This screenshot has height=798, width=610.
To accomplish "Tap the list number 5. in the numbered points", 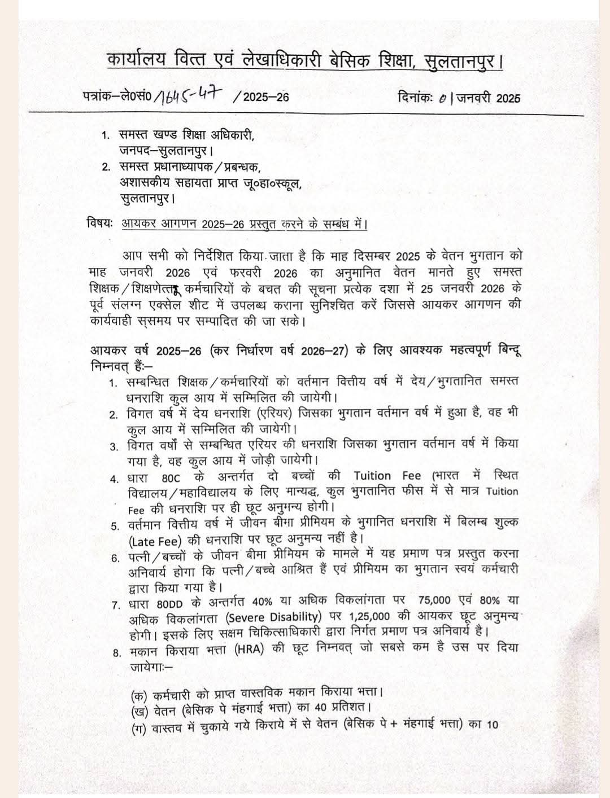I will tap(115, 526).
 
